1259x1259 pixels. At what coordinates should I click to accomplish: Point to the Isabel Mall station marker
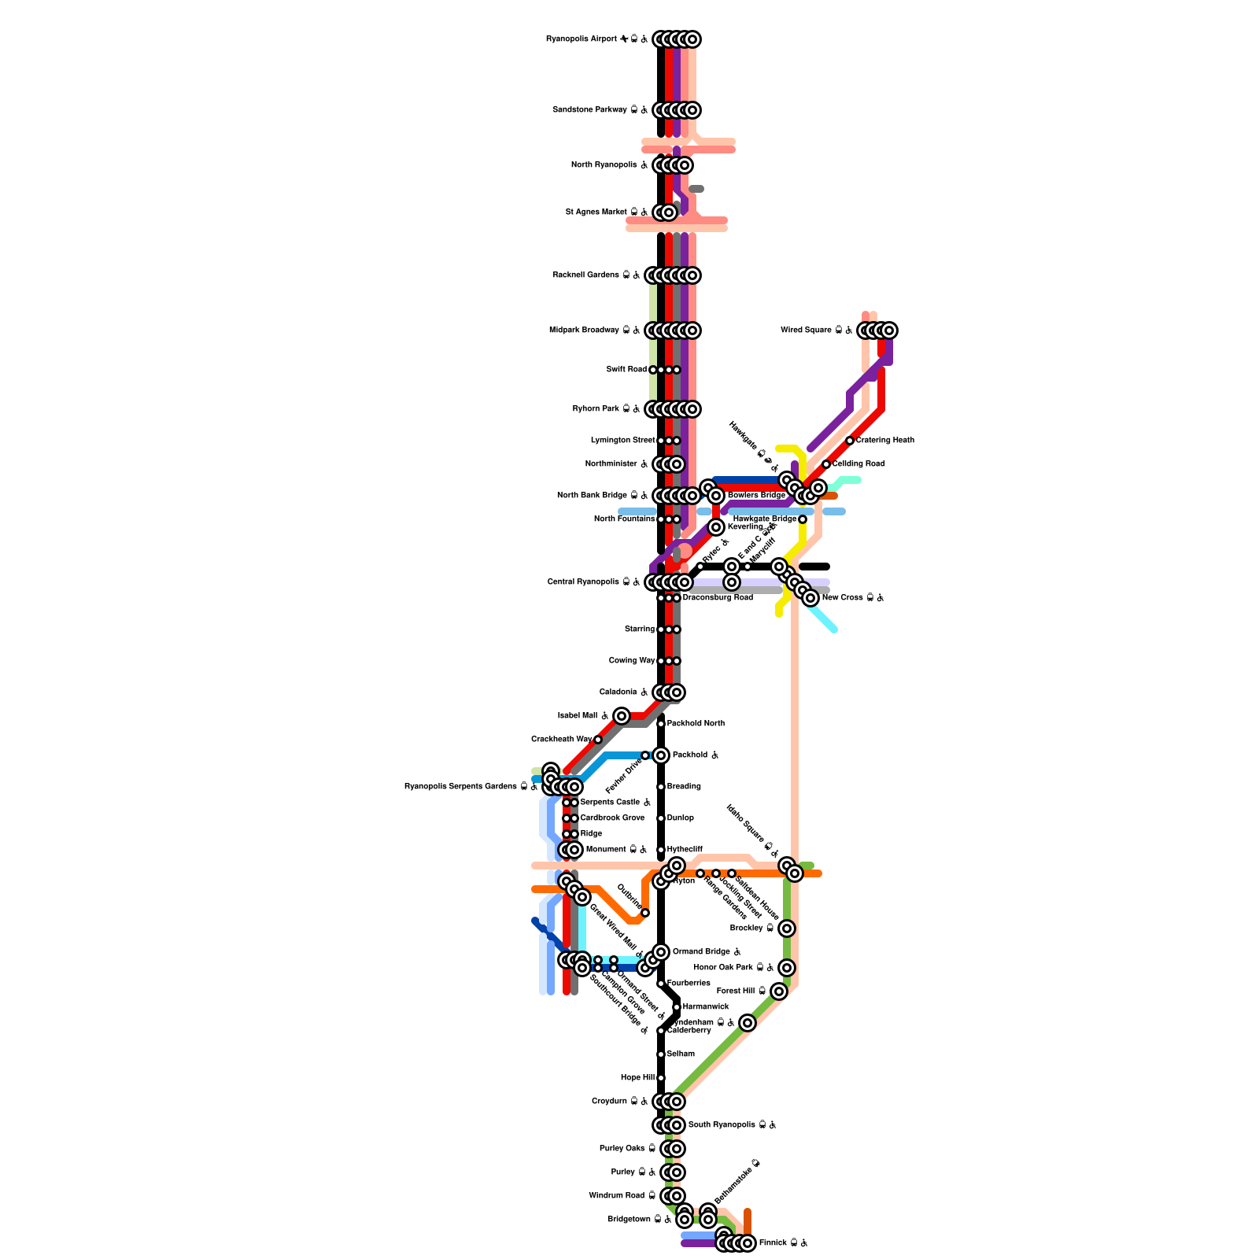click(x=622, y=716)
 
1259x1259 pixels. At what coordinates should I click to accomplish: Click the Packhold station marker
click(x=661, y=755)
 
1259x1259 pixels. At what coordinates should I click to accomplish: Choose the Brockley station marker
click(x=787, y=929)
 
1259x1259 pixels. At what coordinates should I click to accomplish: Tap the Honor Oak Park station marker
click(x=787, y=968)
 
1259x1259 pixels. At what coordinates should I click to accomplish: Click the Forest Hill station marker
click(x=779, y=991)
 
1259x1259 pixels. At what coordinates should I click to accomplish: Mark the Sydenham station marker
click(x=748, y=1023)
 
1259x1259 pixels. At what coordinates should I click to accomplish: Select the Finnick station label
click(x=783, y=1243)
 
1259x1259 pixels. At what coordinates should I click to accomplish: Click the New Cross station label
click(x=853, y=598)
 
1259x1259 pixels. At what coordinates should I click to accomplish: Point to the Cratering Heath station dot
click(x=850, y=441)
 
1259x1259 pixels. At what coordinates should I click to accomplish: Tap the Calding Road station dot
click(x=826, y=464)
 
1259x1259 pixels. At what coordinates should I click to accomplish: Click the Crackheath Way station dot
click(x=598, y=740)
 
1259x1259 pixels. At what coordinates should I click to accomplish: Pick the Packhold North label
click(x=696, y=724)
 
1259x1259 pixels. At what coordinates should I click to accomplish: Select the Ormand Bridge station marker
click(x=661, y=952)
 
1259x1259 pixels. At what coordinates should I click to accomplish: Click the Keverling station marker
click(x=716, y=527)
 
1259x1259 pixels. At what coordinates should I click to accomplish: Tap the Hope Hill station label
click(x=637, y=1078)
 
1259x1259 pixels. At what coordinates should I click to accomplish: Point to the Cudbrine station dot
click(x=645, y=913)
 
